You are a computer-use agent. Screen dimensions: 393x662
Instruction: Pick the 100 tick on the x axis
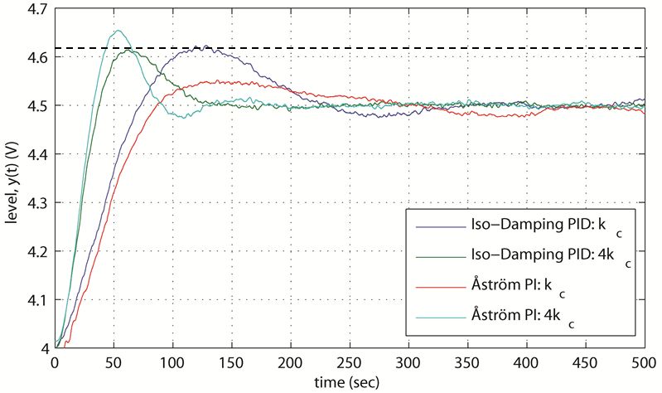[x=172, y=362]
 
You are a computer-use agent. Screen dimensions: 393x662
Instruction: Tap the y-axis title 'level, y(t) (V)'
[x=11, y=178]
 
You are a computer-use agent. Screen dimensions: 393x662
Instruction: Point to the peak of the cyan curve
[x=118, y=31]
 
